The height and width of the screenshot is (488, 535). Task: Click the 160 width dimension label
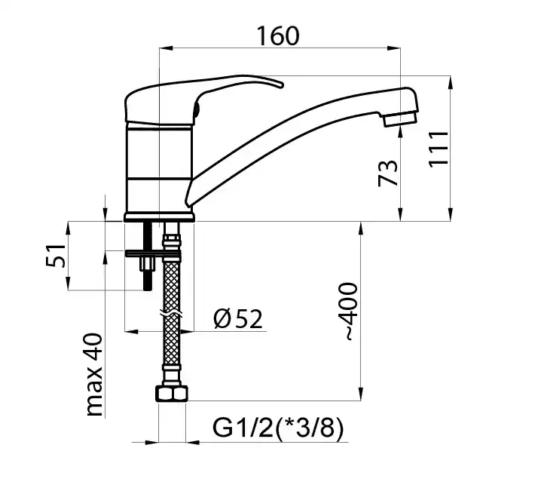pyautogui.click(x=278, y=35)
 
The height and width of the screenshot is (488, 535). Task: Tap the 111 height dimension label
pyautogui.click(x=439, y=149)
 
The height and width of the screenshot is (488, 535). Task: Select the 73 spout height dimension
pyautogui.click(x=388, y=173)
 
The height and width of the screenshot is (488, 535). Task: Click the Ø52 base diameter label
pyautogui.click(x=238, y=319)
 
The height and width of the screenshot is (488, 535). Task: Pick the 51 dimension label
pyautogui.click(x=55, y=256)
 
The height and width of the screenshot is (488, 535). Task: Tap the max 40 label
pyautogui.click(x=93, y=375)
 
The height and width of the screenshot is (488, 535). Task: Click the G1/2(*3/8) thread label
pyautogui.click(x=278, y=428)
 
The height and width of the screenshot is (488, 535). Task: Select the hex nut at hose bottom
pyautogui.click(x=172, y=394)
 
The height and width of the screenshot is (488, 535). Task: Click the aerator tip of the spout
pyautogui.click(x=400, y=119)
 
